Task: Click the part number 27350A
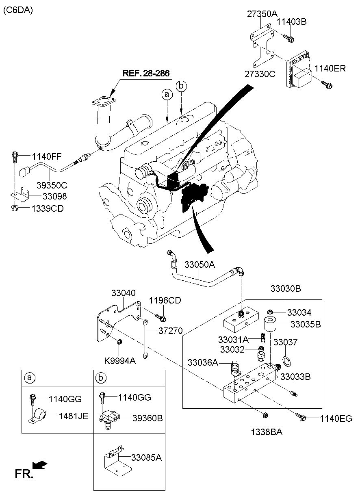(x=262, y=14)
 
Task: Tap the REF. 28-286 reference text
(x=146, y=73)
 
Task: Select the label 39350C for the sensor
(x=52, y=185)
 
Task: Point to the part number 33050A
(x=200, y=264)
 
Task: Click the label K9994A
(x=120, y=361)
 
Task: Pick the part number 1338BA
(x=267, y=432)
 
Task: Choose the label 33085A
(x=147, y=457)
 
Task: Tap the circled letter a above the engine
(x=167, y=94)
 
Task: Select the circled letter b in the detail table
(x=101, y=378)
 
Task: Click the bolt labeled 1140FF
(x=15, y=157)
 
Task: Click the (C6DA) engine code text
(x=18, y=10)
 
